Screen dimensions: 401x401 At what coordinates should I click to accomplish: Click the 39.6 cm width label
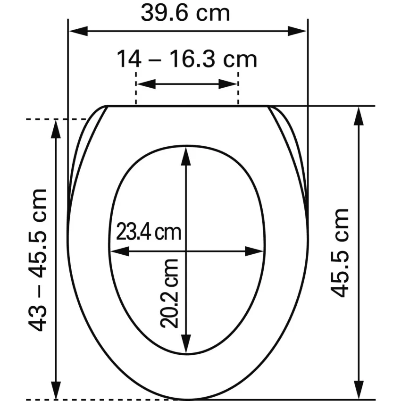point(185,13)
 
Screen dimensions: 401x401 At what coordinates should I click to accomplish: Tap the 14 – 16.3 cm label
point(187,59)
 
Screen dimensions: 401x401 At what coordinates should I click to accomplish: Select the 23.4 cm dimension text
point(149,232)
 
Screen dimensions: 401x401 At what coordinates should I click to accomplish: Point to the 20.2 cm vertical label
point(169,293)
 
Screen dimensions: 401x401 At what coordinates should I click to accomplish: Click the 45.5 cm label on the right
point(339,253)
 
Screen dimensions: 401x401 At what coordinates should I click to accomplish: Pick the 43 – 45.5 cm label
point(38,260)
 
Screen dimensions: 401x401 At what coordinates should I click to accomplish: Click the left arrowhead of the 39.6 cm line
point(78,31)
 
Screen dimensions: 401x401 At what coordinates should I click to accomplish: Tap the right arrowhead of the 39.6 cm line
point(297,31)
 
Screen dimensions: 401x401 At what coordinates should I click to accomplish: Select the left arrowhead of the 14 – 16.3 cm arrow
point(146,84)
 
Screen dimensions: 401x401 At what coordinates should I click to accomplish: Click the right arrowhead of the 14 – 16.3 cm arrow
point(227,84)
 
